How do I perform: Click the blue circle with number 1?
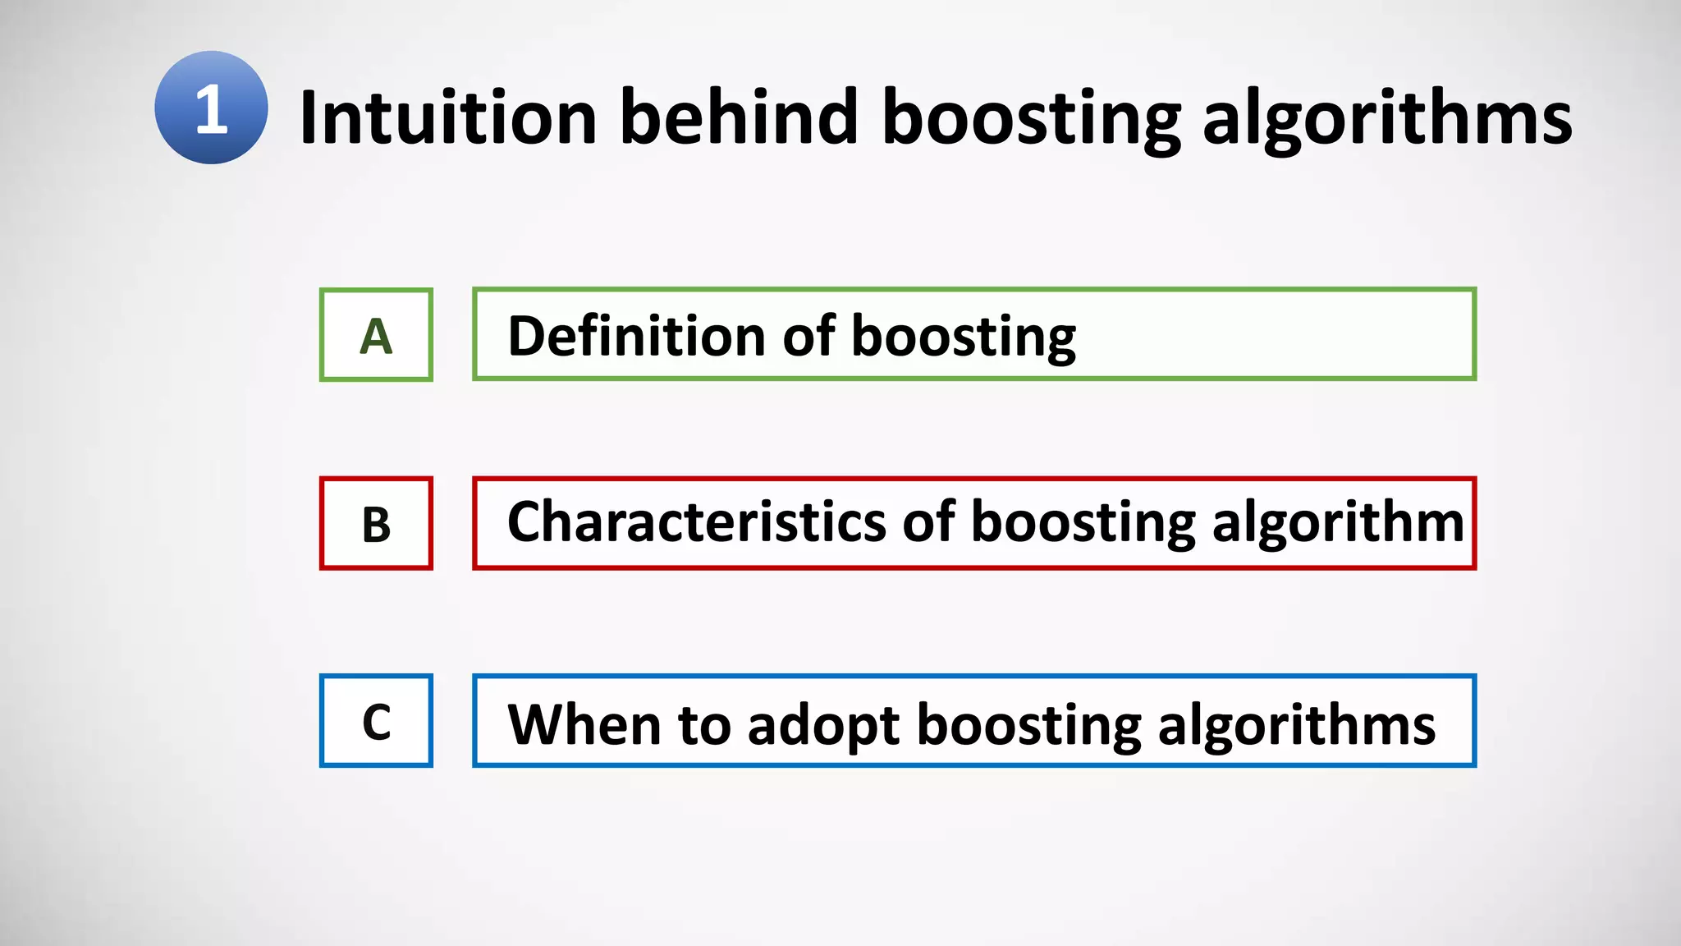211,108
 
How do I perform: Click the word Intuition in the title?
447,117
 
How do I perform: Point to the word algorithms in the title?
1387,122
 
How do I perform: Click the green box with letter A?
376,335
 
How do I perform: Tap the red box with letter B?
376,523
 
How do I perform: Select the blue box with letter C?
376,721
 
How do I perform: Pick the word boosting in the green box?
964,338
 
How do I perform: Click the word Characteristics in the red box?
696,522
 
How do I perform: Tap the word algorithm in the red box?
1338,524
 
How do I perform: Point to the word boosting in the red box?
1083,524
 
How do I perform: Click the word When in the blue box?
584,724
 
